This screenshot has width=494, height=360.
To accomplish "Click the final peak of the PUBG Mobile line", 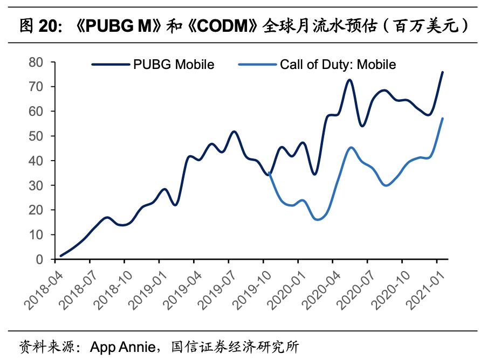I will [x=443, y=72].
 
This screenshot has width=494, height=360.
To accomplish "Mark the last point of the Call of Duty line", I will [x=443, y=119].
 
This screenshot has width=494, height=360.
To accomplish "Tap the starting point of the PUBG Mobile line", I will [x=61, y=256].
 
